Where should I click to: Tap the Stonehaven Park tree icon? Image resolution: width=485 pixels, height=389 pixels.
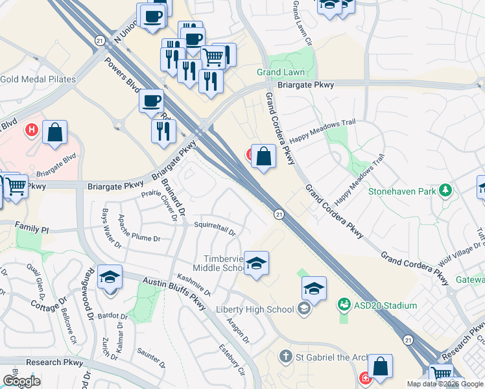(445, 191)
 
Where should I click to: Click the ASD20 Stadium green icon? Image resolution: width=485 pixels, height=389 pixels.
(344, 303)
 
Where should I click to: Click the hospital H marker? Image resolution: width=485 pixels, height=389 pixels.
(30, 130)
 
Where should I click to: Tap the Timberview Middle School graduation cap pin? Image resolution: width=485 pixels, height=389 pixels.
(257, 263)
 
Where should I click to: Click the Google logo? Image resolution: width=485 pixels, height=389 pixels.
(21, 381)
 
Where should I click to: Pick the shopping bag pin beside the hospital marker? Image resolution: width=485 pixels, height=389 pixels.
(56, 132)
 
